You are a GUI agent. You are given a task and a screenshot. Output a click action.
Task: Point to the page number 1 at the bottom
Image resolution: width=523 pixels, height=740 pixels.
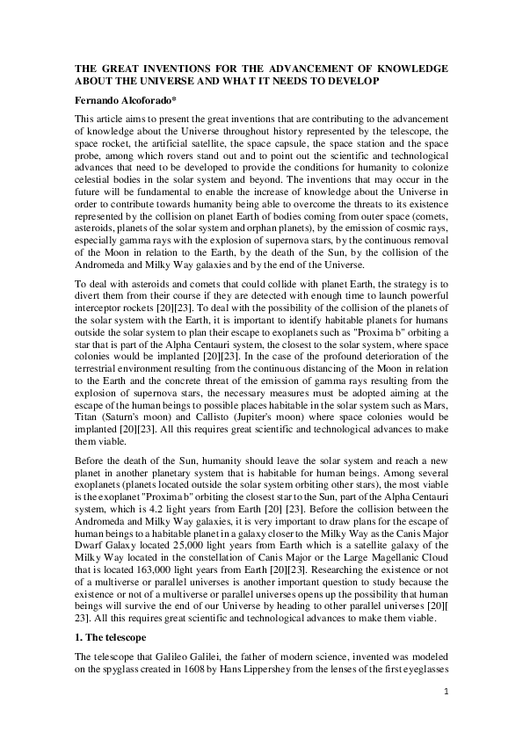pos(446,692)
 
